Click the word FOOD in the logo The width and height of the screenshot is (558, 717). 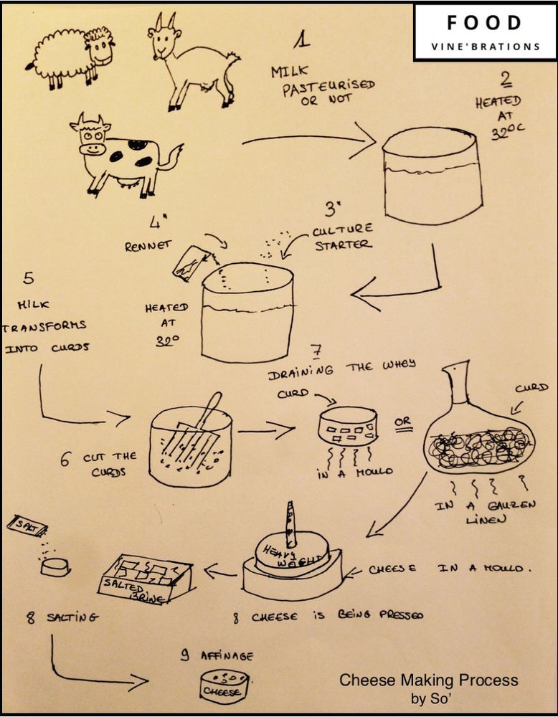click(x=484, y=23)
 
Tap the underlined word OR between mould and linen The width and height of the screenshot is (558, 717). click(x=403, y=422)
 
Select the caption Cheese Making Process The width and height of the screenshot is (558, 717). click(x=428, y=680)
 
